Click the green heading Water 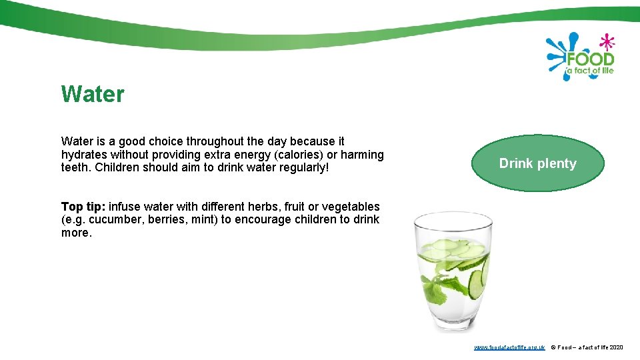pos(93,94)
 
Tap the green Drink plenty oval pos(537,163)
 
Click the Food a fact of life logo pos(581,57)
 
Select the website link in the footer pos(509,347)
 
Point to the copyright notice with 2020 pos(587,347)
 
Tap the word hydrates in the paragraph pos(83,155)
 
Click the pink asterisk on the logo pos(606,42)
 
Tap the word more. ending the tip pos(76,233)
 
